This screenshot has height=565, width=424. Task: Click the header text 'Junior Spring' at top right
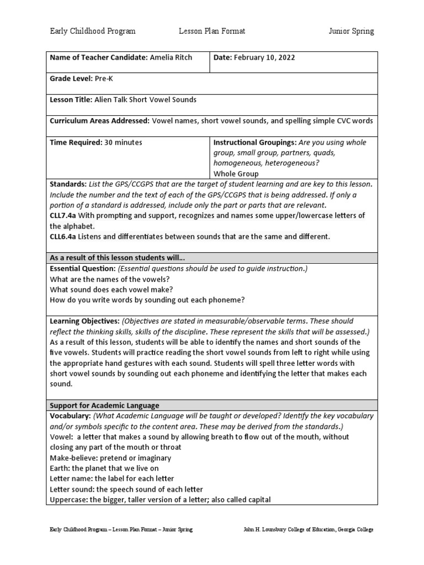pos(351,31)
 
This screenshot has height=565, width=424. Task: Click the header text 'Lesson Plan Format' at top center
pos(212,31)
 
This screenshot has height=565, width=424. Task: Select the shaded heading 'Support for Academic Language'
pos(104,406)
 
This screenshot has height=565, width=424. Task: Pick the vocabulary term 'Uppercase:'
pos(68,500)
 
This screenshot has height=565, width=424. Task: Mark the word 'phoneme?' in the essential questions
pos(228,300)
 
